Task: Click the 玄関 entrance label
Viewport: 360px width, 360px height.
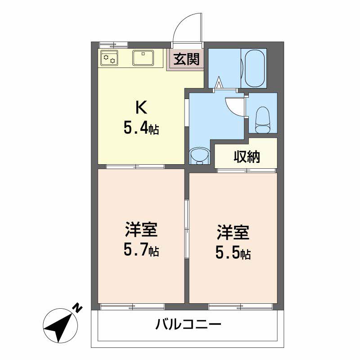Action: [186, 59]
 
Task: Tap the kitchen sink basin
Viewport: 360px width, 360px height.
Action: [143, 58]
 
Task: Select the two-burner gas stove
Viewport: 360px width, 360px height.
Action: [109, 58]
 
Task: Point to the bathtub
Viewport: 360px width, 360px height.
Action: [255, 68]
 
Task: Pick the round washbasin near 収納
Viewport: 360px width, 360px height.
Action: [199, 156]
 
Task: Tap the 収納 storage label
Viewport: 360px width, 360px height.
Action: [247, 157]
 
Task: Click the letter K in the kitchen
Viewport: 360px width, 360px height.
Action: [141, 108]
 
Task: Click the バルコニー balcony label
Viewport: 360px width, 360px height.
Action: [188, 324]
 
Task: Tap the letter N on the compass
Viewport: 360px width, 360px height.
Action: [77, 308]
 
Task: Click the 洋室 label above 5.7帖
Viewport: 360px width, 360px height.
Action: [141, 229]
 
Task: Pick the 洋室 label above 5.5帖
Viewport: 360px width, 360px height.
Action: [233, 233]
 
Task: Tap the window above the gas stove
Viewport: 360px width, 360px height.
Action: [113, 45]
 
